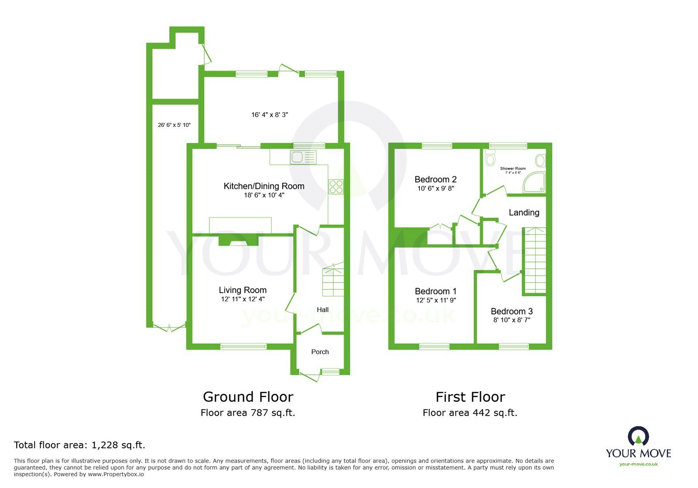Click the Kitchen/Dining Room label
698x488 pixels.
[263, 186]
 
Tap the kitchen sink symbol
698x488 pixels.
[303, 157]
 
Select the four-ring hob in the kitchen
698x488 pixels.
[336, 187]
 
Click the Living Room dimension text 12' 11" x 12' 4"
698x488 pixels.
[243, 299]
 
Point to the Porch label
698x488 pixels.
[320, 352]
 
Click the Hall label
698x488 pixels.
[322, 310]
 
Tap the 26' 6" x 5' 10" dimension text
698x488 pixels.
[174, 125]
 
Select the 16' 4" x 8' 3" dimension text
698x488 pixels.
[270, 115]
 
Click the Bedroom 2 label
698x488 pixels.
[435, 179]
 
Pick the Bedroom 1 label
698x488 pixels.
[435, 291]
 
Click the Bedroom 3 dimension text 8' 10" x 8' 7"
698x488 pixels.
[511, 320]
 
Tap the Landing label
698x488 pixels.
[524, 212]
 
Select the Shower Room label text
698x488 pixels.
[513, 168]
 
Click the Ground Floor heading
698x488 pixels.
[248, 397]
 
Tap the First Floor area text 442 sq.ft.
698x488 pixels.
[470, 413]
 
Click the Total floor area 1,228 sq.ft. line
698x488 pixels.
[79, 445]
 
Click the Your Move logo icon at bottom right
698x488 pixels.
[638, 436]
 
